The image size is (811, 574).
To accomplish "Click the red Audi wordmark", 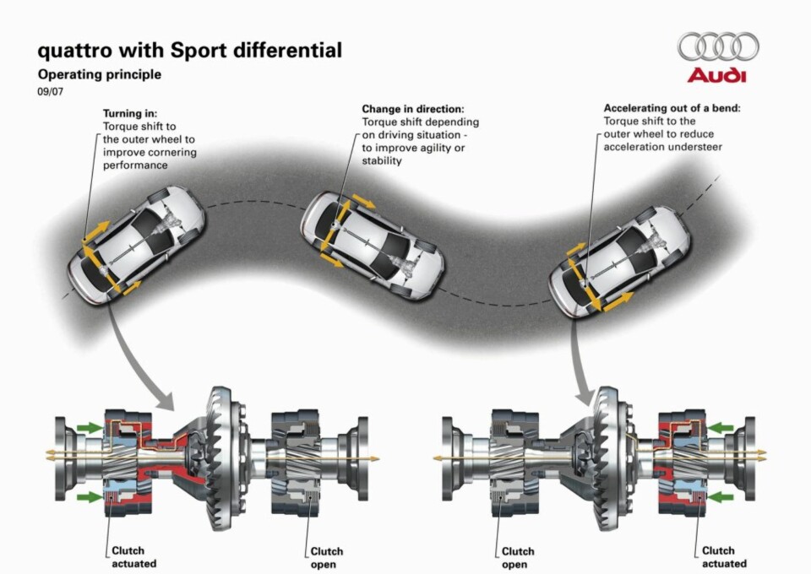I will coord(717,76).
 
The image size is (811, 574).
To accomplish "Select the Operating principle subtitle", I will coord(99,74).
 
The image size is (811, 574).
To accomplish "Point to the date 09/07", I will coord(50,92).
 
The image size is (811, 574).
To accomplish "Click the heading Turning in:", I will coord(130,112).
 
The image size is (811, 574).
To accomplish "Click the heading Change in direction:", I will coord(413,109).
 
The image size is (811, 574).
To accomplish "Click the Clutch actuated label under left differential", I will coord(133,556).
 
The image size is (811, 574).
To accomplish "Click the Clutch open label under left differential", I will coord(326,556).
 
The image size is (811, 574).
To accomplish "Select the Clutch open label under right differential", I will coord(518,556).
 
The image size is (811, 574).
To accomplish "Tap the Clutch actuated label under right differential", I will coord(723,556).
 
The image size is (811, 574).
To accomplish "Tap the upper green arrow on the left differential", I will coord(88,428).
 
